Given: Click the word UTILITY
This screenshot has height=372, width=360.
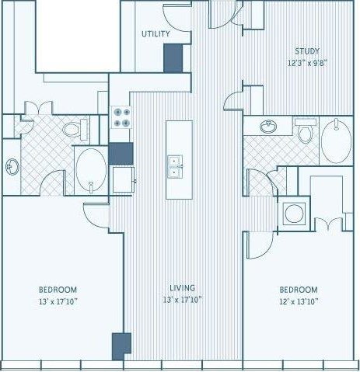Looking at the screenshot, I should tap(156, 34).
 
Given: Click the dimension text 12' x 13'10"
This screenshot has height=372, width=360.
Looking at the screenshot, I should tap(299, 301).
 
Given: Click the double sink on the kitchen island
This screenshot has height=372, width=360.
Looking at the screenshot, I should tap(177, 166).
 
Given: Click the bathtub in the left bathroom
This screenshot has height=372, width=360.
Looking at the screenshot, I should tap(92, 168).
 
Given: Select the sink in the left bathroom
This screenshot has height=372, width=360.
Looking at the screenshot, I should tap(12, 165).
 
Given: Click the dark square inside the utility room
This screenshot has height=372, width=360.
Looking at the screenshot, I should tap(173, 57).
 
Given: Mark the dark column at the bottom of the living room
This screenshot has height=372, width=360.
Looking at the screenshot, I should tap(121, 346).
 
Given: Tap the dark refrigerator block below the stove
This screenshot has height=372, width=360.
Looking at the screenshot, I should tap(121, 153).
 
